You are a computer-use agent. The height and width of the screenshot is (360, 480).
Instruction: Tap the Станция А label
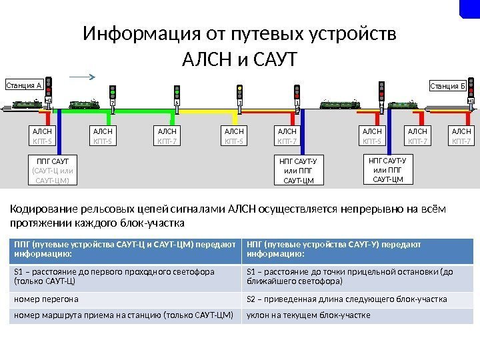pos(24,85)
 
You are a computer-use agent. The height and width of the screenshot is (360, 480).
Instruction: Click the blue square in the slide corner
pos(472,8)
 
